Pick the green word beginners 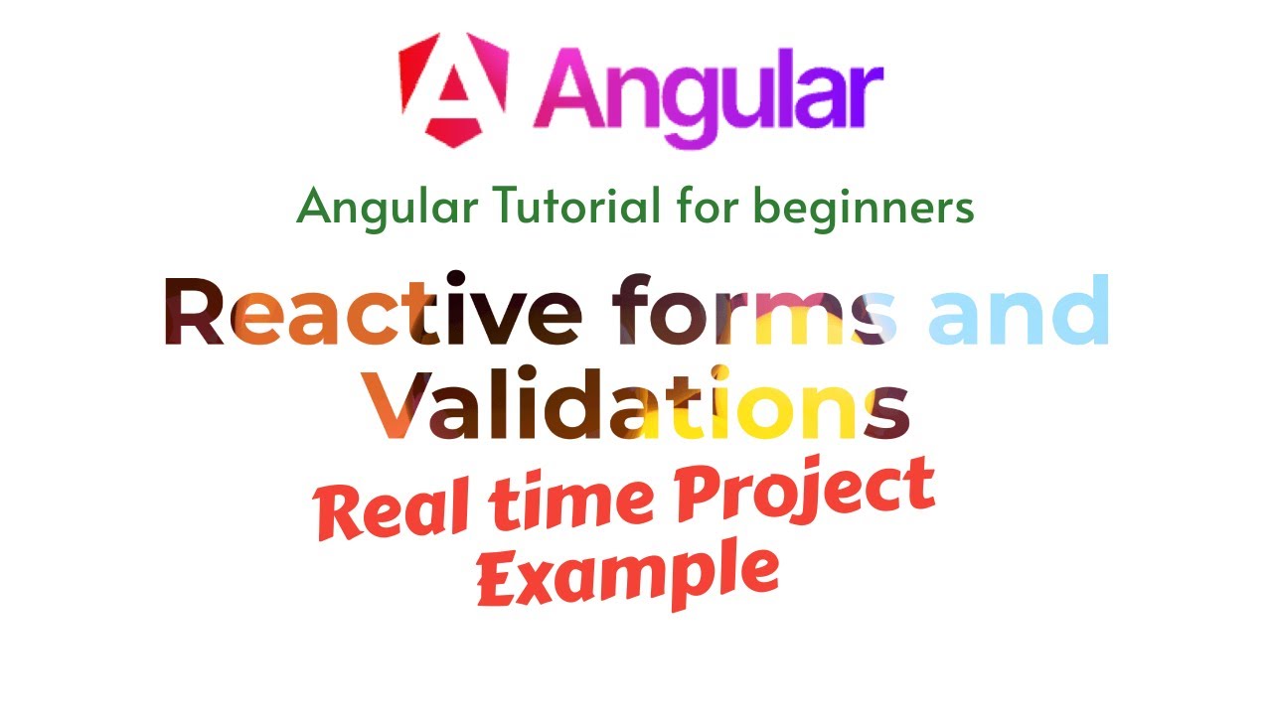pyautogui.click(x=864, y=208)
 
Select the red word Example pyautogui.click(x=626, y=574)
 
